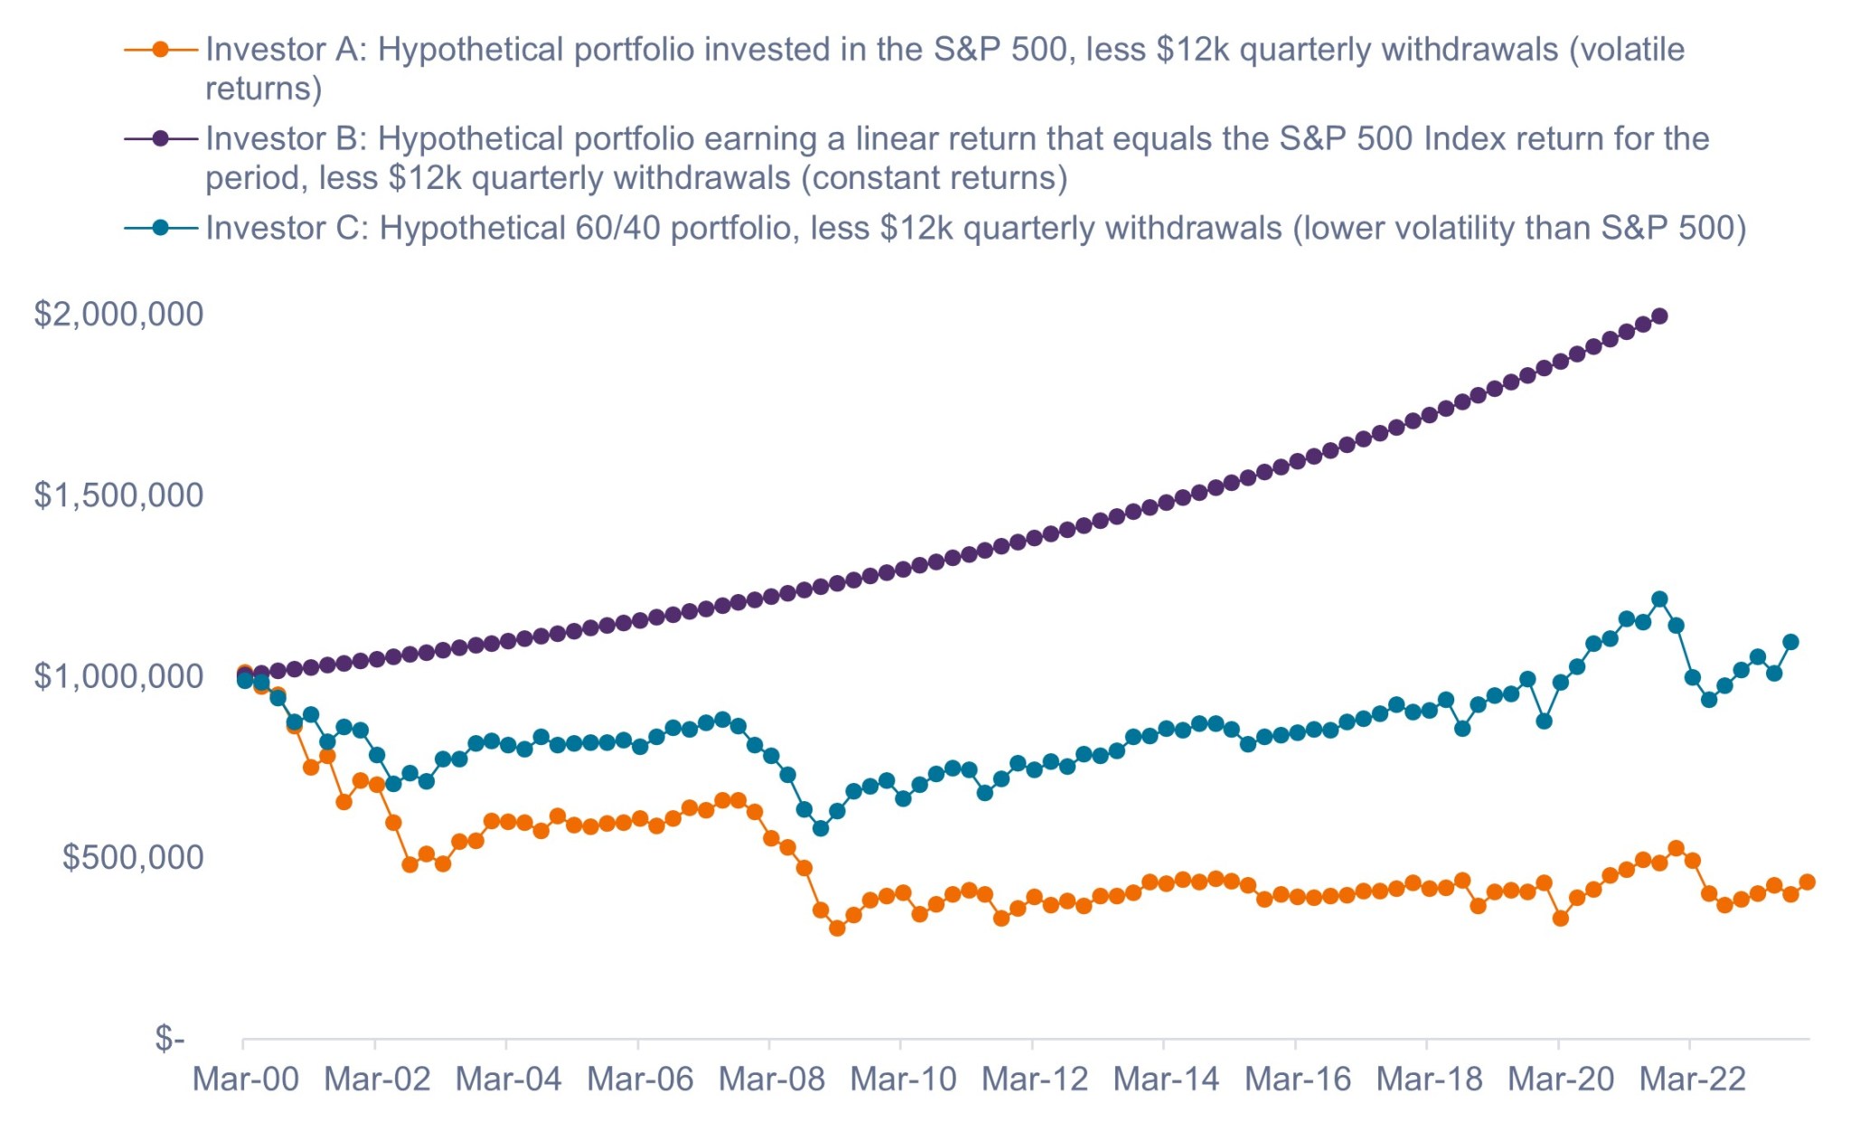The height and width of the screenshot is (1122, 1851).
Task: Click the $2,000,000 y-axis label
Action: [x=118, y=315]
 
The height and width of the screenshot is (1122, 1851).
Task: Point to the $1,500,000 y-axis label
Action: [x=118, y=495]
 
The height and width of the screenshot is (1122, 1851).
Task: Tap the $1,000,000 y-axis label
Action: [x=118, y=676]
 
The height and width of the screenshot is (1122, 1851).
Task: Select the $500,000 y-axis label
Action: [x=133, y=857]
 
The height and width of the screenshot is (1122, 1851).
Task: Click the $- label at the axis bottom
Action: [x=170, y=1038]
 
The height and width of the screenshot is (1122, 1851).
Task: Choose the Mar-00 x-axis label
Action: [x=245, y=1080]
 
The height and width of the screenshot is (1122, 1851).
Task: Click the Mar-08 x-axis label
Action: [x=771, y=1080]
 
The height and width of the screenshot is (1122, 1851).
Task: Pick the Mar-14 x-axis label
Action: [x=1166, y=1080]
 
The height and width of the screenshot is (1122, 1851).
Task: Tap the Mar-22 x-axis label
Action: [x=1692, y=1080]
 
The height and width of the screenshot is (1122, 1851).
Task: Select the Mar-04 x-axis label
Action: [x=508, y=1080]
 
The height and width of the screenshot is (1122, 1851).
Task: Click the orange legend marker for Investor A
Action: [x=161, y=50]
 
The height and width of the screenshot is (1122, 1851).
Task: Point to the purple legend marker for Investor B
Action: [x=161, y=138]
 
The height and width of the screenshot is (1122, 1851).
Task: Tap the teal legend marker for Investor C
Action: [x=161, y=228]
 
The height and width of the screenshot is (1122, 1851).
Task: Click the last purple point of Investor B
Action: [x=1659, y=316]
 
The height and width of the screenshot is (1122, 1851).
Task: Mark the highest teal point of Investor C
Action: [x=1659, y=599]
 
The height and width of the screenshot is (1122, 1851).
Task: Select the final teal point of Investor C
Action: [x=1790, y=643]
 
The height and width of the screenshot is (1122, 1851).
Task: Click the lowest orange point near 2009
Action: [x=837, y=928]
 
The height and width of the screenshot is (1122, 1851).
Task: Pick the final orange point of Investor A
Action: [x=1808, y=882]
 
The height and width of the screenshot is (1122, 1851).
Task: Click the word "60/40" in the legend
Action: [x=617, y=229]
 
